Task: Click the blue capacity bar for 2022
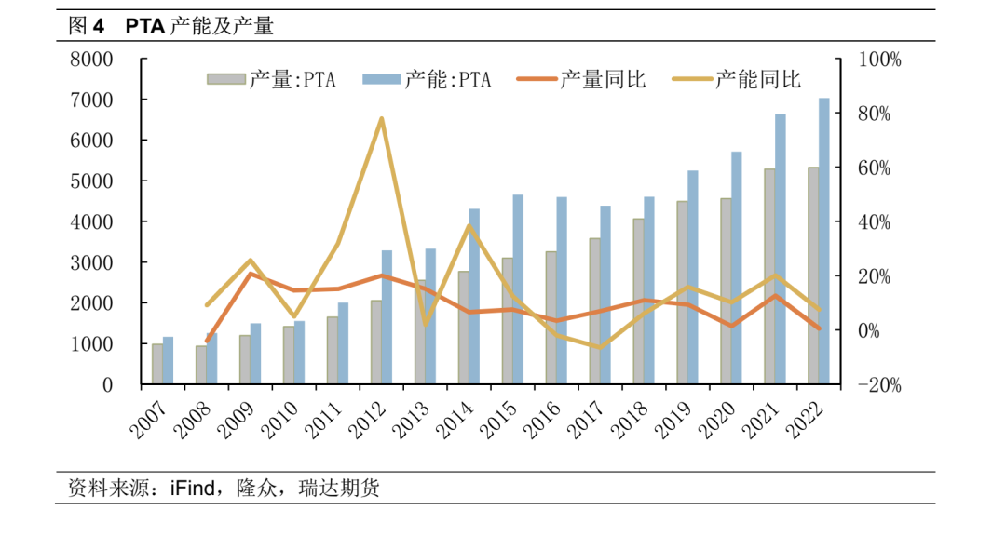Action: pyautogui.click(x=823, y=242)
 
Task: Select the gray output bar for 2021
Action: pyautogui.click(x=769, y=277)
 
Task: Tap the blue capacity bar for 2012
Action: pyautogui.click(x=387, y=317)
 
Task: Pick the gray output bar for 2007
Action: pyautogui.click(x=157, y=364)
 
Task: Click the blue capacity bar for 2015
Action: pyautogui.click(x=518, y=289)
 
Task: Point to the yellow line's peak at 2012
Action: pyautogui.click(x=382, y=119)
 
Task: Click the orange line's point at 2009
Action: pyautogui.click(x=251, y=274)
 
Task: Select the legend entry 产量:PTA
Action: pyautogui.click(x=270, y=80)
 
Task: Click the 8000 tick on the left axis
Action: pyautogui.click(x=92, y=59)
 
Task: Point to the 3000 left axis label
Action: pyautogui.click(x=92, y=262)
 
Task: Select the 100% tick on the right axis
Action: pyautogui.click(x=879, y=59)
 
